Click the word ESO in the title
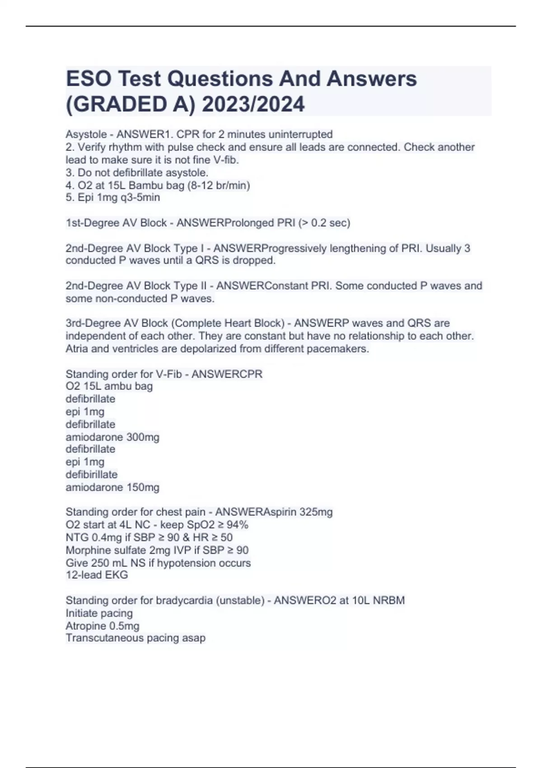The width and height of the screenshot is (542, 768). point(89,79)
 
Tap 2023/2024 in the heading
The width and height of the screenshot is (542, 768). point(253,104)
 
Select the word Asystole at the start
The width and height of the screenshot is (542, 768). point(86,135)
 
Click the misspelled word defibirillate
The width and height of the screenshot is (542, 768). point(92,474)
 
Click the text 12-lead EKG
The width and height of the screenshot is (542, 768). point(97,575)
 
